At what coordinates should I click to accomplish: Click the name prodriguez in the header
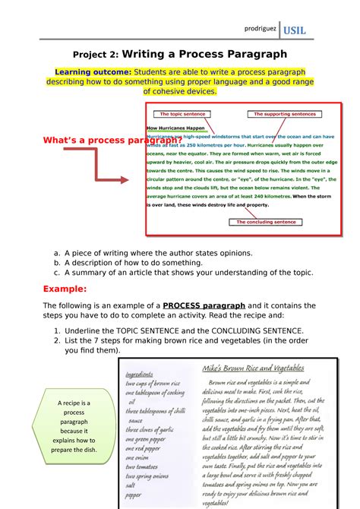point(257,28)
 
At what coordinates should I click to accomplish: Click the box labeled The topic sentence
point(178,114)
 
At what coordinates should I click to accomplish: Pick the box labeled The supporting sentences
point(284,114)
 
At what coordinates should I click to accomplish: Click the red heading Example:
point(66,289)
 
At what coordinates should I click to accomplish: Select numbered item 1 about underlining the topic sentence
point(175,331)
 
